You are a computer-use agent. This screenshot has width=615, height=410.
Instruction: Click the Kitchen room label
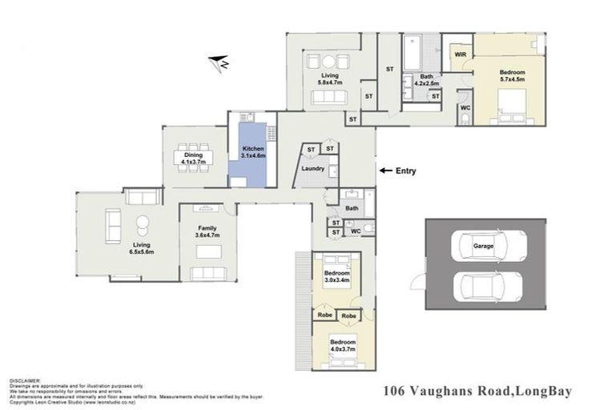pos(253,152)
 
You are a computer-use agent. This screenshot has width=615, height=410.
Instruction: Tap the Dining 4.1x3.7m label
pos(193,158)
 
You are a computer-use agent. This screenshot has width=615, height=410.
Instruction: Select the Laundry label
pos(312,168)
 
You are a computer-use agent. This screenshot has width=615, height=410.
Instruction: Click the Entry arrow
pos(386,171)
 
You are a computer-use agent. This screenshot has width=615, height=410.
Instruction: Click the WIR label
pos(460,54)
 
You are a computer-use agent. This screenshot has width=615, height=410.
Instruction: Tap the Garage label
pos(482,246)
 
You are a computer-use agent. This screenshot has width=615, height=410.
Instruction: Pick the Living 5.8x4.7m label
pos(329,78)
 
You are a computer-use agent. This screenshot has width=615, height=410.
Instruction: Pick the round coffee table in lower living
pos(143,223)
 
